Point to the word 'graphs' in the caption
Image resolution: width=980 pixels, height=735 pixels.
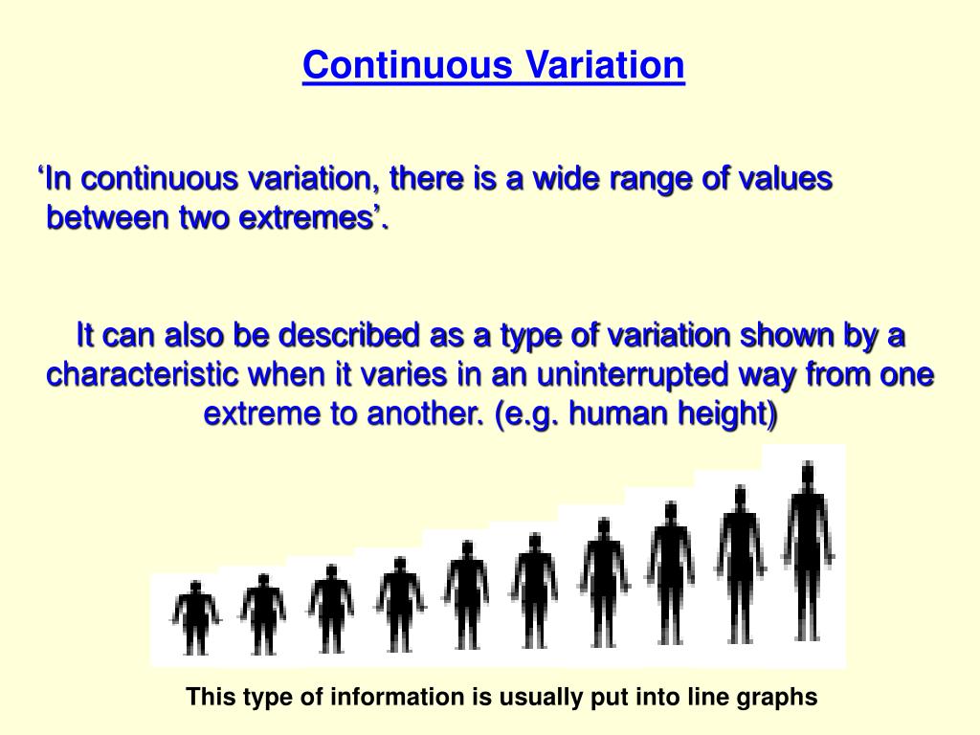coord(776,698)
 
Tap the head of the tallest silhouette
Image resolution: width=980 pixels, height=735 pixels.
coord(808,473)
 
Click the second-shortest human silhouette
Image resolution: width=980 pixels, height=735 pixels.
coord(262,614)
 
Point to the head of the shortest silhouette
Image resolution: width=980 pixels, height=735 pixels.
coord(195,587)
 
